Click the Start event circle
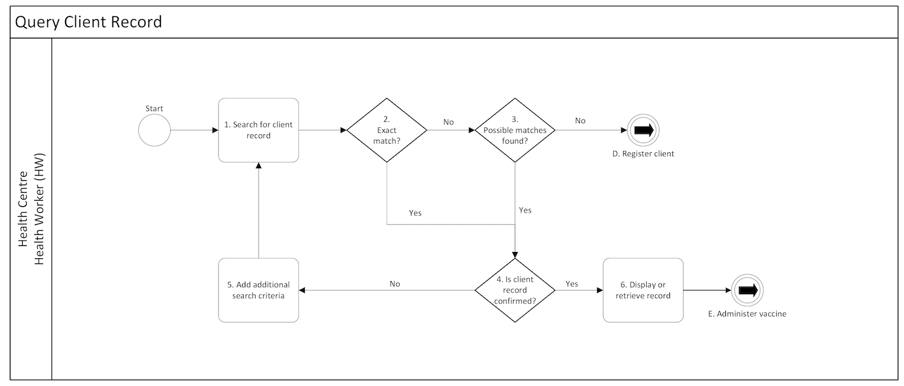(x=154, y=130)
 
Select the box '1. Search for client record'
(x=259, y=130)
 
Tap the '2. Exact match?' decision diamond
(x=387, y=130)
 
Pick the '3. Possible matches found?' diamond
(x=515, y=130)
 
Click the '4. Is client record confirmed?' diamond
(x=515, y=290)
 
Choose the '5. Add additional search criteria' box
(x=259, y=290)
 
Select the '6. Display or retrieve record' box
(x=643, y=290)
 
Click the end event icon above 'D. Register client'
(x=643, y=130)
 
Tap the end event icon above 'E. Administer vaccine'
(x=747, y=290)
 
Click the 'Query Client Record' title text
(x=88, y=22)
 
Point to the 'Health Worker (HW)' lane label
(x=39, y=209)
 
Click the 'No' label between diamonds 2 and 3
(x=449, y=122)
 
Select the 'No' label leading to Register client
(x=580, y=121)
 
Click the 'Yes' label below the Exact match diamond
(x=415, y=213)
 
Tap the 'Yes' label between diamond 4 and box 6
(x=571, y=284)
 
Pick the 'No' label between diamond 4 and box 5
(x=395, y=284)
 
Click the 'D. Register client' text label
(x=643, y=154)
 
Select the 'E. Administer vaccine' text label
(x=747, y=314)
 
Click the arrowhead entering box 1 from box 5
(x=259, y=166)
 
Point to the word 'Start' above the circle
(x=154, y=108)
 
